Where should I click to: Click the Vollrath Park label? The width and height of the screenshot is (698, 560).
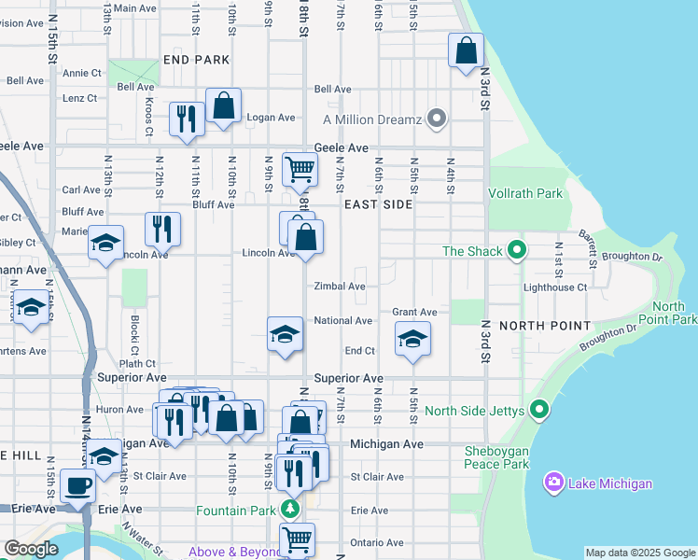(x=525, y=193)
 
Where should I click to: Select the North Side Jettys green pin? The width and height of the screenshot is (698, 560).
(x=538, y=410)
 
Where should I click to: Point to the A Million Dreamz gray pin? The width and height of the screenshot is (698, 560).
(x=436, y=119)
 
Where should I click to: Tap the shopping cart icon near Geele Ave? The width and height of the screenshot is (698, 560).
(x=300, y=169)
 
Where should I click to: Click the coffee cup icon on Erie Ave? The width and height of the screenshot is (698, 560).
(x=77, y=484)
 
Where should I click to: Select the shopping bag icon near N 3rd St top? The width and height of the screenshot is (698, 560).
(x=466, y=49)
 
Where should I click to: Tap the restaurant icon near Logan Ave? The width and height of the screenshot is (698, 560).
(x=186, y=119)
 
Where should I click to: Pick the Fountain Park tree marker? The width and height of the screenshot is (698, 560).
(x=290, y=510)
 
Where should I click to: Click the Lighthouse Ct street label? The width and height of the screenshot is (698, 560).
(x=555, y=287)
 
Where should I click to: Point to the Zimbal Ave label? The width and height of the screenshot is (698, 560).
(x=339, y=287)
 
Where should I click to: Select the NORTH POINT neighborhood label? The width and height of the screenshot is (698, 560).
(x=544, y=326)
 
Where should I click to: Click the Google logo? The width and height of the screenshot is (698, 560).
(x=31, y=549)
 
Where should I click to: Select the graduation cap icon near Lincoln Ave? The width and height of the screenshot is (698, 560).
(x=106, y=243)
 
